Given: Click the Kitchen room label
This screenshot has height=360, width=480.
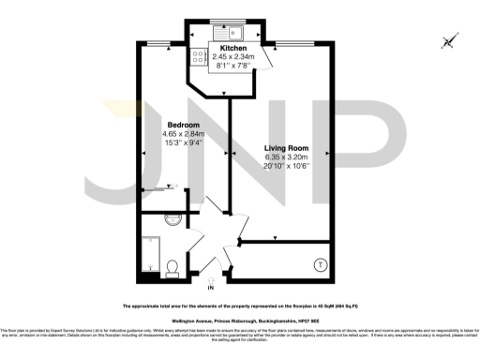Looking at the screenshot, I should (233, 48).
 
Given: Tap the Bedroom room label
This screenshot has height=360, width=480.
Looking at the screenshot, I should (182, 125).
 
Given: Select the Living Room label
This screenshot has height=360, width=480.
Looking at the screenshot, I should (287, 147).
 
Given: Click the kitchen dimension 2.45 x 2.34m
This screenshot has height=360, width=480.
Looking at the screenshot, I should (233, 57).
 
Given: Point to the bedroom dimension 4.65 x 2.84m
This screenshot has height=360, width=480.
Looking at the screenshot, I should (182, 134).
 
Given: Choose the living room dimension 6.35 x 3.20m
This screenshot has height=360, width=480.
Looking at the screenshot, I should (287, 157).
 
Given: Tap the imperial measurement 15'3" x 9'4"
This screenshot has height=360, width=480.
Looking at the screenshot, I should (182, 143).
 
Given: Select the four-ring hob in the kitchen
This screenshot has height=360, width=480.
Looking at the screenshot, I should (200, 56).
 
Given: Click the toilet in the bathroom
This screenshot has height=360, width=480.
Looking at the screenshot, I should (171, 270).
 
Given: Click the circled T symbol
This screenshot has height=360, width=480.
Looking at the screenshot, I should (320, 265).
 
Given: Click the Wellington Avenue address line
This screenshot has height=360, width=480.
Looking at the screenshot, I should (240, 320).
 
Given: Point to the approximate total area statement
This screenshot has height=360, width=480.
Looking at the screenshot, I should (240, 307).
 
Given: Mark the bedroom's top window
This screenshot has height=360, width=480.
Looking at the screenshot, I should (163, 44).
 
